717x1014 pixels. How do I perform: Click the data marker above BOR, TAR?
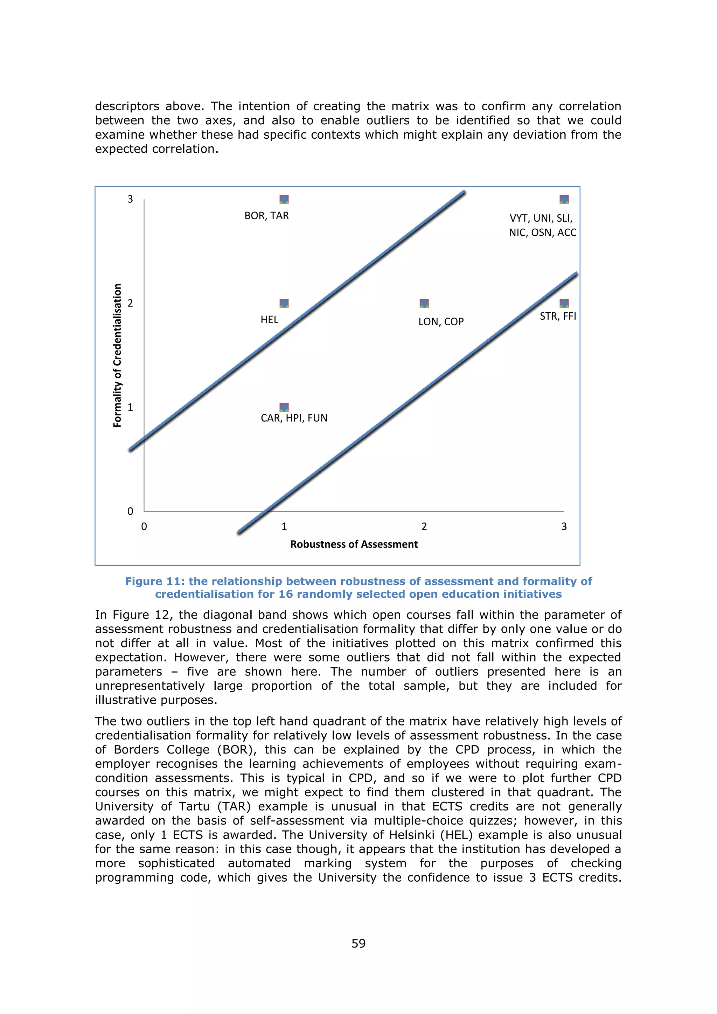284,199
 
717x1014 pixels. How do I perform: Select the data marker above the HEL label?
284,303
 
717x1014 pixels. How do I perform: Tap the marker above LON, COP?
424,303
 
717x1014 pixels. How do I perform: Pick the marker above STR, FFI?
564,303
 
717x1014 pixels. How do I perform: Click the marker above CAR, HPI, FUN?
284,407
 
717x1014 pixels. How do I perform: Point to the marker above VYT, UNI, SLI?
564,199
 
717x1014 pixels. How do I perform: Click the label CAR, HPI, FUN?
294,418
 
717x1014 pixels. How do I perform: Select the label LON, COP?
441,321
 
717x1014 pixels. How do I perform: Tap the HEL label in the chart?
269,319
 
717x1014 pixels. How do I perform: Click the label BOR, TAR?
267,216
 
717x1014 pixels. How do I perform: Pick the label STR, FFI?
558,316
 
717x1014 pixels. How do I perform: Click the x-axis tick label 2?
424,526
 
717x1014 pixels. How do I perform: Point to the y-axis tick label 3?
130,199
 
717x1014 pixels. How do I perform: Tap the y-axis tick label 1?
130,407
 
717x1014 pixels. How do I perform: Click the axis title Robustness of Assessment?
354,544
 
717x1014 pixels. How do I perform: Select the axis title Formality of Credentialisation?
117,355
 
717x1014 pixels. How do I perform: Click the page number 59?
358,943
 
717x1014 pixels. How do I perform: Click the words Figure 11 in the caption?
152,581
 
